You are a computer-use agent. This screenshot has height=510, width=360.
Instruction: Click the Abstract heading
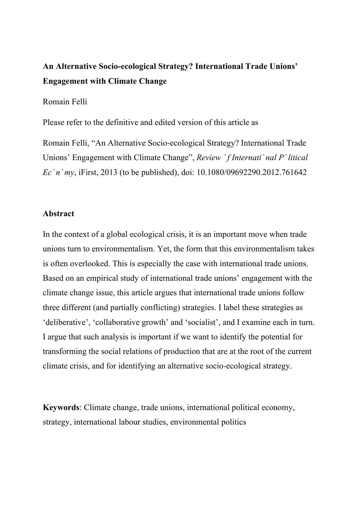58,214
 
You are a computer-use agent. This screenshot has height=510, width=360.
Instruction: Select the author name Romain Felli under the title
65,102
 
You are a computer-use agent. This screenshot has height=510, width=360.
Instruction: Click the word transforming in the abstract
65,351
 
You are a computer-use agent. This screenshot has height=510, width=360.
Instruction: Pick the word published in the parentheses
157,172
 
